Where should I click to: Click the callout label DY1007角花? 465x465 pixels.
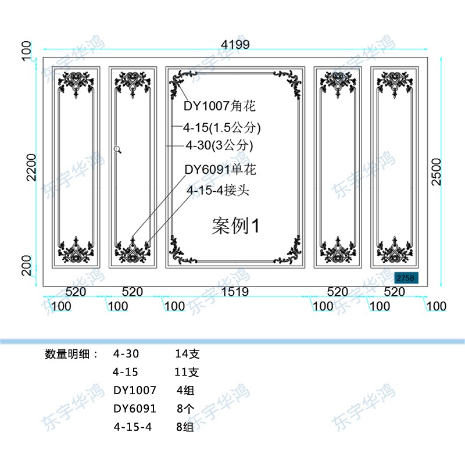[x=220, y=106]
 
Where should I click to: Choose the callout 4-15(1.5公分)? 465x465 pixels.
[x=221, y=127]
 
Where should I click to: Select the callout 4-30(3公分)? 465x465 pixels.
[x=219, y=144]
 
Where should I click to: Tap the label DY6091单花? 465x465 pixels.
[x=220, y=170]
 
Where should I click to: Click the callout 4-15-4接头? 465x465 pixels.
[x=218, y=190]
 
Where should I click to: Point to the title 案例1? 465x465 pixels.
[x=235, y=226]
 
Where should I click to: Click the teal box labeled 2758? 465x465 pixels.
[x=405, y=278]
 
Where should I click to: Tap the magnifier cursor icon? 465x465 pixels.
[x=118, y=149]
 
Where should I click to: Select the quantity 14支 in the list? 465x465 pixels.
[x=187, y=353]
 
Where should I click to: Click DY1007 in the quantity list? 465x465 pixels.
[x=135, y=391]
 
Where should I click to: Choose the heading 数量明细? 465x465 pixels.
[x=71, y=353]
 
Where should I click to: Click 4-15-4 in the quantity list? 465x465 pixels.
[x=133, y=427]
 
